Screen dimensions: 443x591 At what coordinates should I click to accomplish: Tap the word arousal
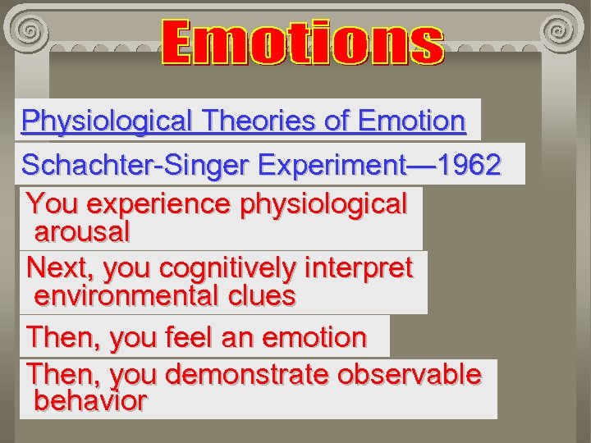click(82, 232)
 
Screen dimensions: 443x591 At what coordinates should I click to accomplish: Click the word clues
click(258, 295)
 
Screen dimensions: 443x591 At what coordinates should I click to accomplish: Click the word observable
click(410, 374)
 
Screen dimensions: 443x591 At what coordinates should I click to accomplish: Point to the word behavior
click(90, 401)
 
